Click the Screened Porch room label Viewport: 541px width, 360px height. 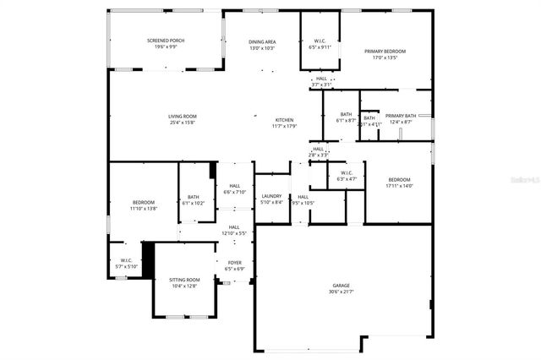point(165,41)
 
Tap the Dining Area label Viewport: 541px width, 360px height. point(262,41)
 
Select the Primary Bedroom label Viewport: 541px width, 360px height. point(385,52)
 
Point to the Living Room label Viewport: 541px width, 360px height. point(182,116)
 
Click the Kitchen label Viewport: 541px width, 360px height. point(285,120)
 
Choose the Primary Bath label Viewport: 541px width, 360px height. point(400,116)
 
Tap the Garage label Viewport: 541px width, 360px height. point(340,286)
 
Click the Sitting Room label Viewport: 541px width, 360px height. point(184,280)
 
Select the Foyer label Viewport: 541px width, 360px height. point(234,263)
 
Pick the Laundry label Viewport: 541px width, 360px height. point(271,196)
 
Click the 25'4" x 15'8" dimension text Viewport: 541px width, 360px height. point(182,123)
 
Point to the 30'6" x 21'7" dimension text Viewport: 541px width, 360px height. point(340,292)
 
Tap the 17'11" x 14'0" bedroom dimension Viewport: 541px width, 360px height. point(399,186)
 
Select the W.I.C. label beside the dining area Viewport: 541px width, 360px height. point(320,41)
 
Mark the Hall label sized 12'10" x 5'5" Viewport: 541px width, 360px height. point(233,226)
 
